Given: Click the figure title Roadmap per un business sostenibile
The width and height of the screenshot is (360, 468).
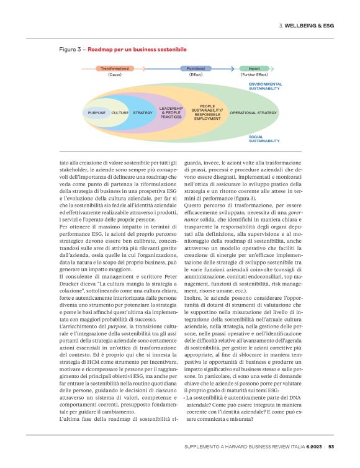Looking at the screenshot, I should point(137,48).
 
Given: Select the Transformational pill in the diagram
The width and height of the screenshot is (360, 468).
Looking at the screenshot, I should point(115,68).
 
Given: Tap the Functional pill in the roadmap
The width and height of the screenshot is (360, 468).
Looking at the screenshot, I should point(196,68).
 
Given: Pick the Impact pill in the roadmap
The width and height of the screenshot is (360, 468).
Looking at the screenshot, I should point(254,68).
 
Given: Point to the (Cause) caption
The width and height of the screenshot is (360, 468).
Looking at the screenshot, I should point(115,74).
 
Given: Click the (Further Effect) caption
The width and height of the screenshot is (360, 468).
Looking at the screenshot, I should point(254,74).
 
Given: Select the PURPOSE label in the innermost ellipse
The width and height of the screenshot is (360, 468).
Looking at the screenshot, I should point(97,113).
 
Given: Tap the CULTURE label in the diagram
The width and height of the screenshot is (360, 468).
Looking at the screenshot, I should point(120,113).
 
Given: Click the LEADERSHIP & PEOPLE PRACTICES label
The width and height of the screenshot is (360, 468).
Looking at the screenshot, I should point(171,112).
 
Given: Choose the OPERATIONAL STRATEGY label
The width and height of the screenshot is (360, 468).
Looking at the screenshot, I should point(253,113).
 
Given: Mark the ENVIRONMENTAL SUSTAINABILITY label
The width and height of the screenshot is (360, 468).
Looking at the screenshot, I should point(265,86).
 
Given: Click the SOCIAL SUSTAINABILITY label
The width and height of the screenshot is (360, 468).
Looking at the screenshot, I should point(265,138).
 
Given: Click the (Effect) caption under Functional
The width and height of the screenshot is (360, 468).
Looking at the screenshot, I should point(196,74).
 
